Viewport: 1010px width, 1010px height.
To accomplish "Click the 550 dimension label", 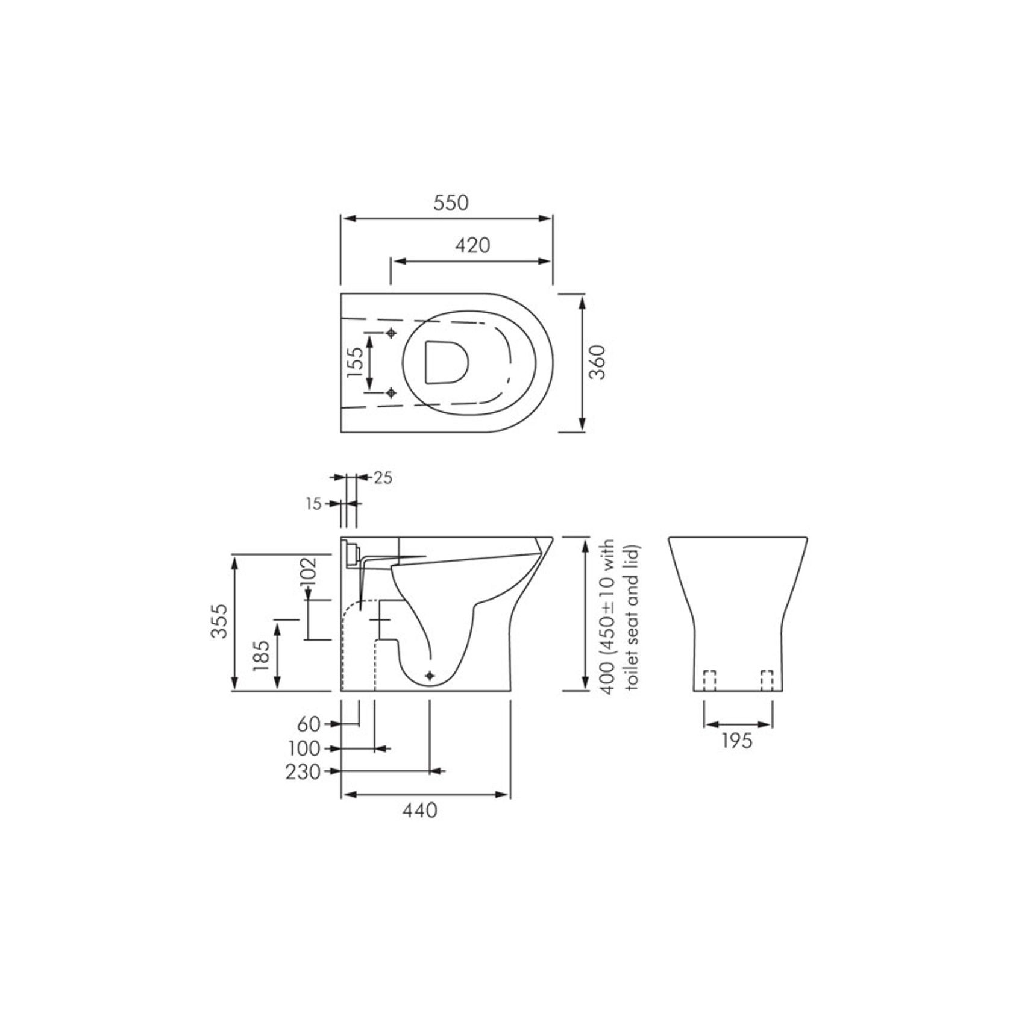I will [451, 202].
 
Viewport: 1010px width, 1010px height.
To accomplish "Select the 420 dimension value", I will [472, 245].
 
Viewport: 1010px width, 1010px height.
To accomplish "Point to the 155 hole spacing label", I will [356, 362].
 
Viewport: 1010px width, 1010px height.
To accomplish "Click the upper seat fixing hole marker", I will [392, 333].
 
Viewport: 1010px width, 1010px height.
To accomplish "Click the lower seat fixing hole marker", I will [392, 393].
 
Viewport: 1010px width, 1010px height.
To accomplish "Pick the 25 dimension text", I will [383, 478].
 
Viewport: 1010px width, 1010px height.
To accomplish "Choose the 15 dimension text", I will [313, 504].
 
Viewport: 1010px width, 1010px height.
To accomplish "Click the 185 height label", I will [260, 656].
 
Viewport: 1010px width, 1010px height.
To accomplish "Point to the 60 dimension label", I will [309, 723].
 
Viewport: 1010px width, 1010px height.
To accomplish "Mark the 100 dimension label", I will [304, 748].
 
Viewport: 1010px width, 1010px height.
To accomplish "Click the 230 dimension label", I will [303, 771].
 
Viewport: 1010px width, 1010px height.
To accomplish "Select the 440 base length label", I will [420, 811].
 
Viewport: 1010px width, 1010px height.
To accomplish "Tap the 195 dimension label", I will [737, 740].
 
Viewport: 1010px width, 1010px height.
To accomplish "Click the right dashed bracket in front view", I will [767, 680].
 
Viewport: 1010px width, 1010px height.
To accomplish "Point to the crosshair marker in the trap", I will [429, 676].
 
